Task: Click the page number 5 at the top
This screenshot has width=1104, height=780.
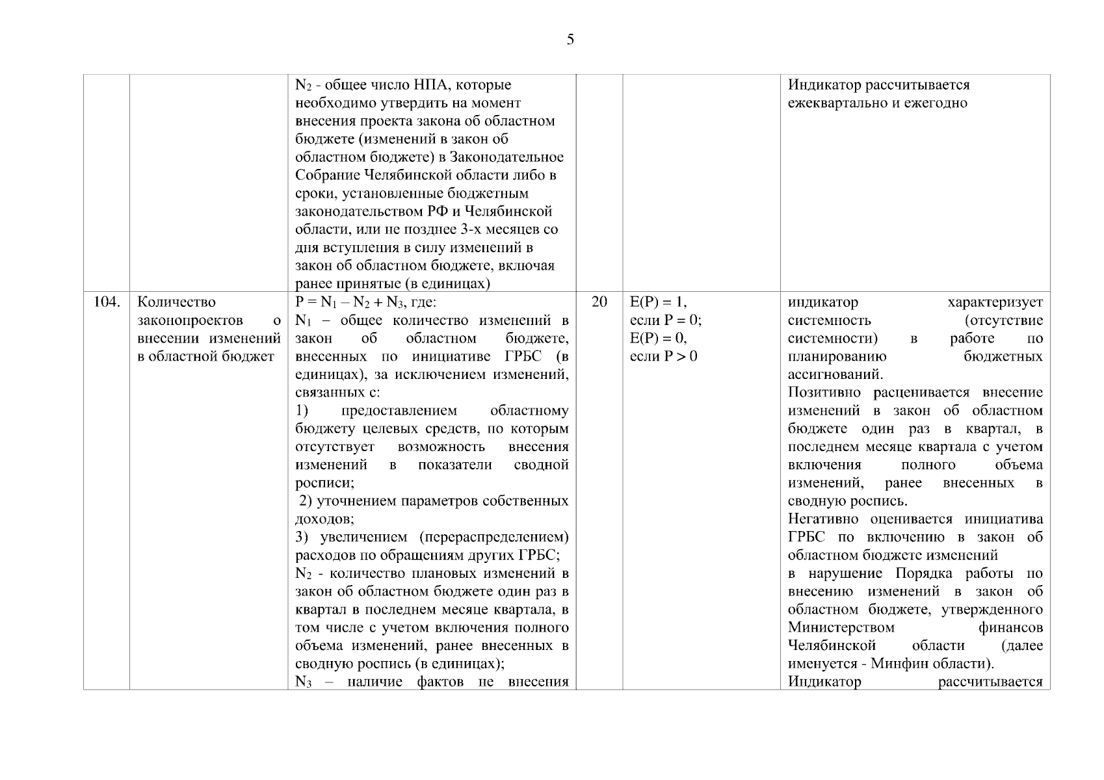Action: pyautogui.click(x=570, y=40)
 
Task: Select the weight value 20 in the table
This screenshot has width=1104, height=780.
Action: pyautogui.click(x=599, y=302)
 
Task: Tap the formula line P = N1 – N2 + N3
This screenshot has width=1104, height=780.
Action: pyautogui.click(x=366, y=302)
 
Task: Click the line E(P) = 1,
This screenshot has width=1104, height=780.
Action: pyautogui.click(x=658, y=302)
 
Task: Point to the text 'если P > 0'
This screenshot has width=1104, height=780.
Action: pyautogui.click(x=663, y=356)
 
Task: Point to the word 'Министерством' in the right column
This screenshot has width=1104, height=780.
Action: pyautogui.click(x=841, y=628)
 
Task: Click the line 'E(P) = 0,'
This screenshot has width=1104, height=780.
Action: pyautogui.click(x=658, y=339)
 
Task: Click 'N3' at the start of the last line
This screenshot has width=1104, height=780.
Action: pyautogui.click(x=304, y=682)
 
